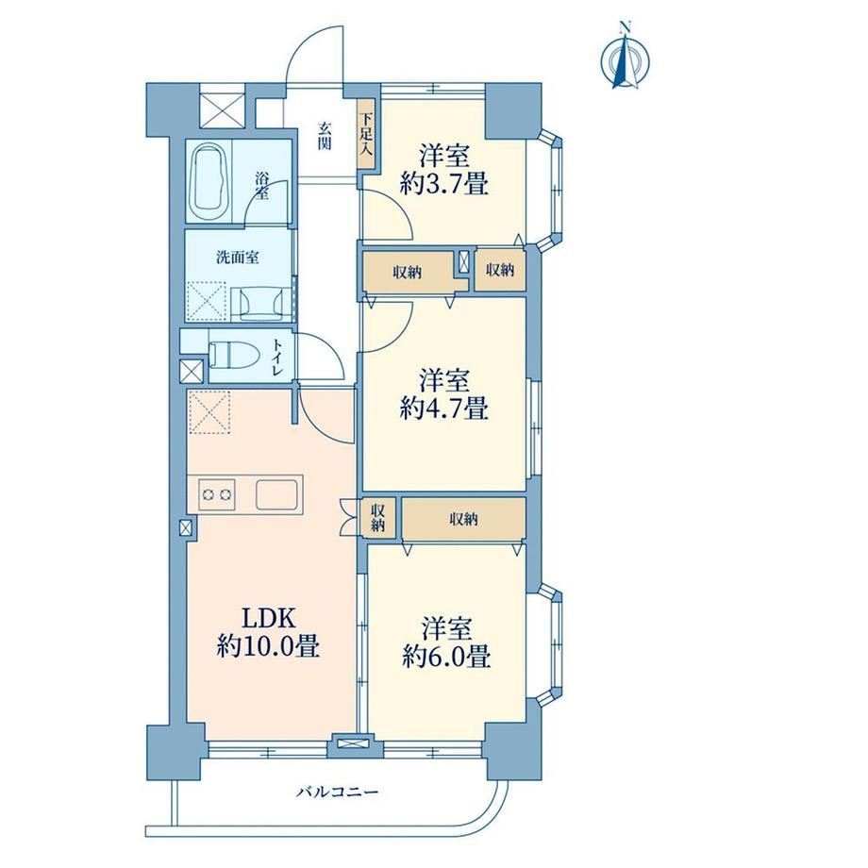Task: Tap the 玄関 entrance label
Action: tap(325, 136)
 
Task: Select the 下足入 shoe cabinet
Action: tap(366, 135)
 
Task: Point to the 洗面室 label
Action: tap(238, 257)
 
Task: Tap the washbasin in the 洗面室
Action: tap(257, 304)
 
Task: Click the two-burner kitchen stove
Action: tap(217, 494)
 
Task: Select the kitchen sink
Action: tap(276, 493)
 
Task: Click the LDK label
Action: tap(268, 617)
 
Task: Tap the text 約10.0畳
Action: tap(268, 645)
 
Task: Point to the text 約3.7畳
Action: tap(444, 183)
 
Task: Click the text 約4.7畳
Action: tap(444, 409)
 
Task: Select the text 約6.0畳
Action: tap(446, 657)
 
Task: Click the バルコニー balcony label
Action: tap(337, 793)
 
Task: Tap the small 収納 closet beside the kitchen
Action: tap(377, 518)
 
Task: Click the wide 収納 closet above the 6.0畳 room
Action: tap(463, 519)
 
